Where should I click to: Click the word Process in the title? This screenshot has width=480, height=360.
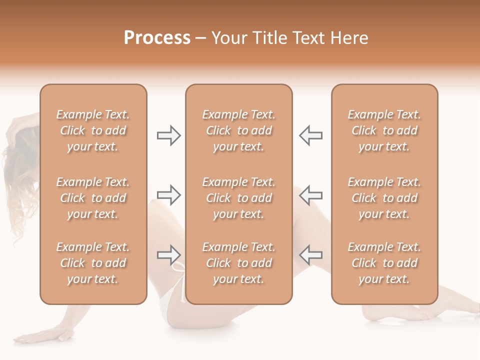(157, 37)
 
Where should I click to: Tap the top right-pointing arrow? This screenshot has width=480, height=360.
(168, 135)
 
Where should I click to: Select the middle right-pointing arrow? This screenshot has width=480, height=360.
(168, 195)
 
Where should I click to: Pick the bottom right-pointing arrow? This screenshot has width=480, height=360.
(168, 255)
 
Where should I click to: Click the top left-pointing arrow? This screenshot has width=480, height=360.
(310, 135)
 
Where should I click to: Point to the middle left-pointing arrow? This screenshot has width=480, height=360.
(310, 195)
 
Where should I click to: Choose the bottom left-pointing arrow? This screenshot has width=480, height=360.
(310, 255)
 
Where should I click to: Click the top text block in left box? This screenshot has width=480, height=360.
(93, 130)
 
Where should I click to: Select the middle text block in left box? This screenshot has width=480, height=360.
(93, 198)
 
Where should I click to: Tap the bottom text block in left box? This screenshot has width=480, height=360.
(93, 263)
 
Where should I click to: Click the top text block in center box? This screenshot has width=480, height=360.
(238, 130)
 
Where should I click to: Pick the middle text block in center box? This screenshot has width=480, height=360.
(238, 198)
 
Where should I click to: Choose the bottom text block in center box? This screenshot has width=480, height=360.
(238, 263)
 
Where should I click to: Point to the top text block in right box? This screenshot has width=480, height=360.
(384, 130)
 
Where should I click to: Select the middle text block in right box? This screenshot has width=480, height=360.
(384, 198)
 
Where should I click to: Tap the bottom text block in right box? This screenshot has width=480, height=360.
(384, 263)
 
